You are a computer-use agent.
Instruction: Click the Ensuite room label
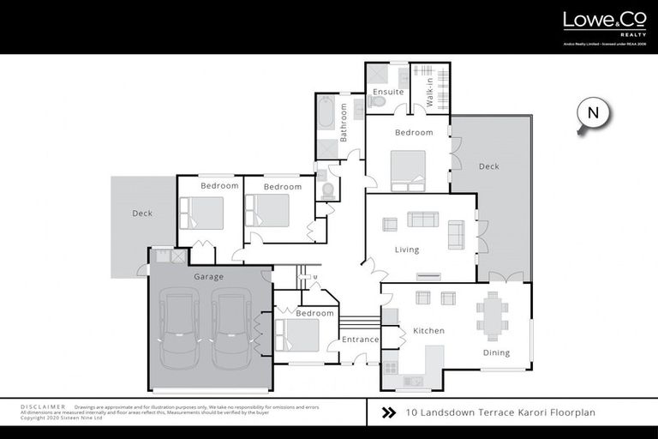coord(387,91)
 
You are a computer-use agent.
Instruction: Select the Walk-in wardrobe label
coord(420,93)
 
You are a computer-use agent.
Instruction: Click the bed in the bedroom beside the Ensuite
coord(408,170)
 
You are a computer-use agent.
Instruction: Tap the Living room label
coord(407,250)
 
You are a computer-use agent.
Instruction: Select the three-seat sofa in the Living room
coord(422,219)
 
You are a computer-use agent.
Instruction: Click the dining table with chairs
coord(492,316)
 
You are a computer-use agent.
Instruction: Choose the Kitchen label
coord(428,330)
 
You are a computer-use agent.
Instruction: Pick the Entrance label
coord(360,340)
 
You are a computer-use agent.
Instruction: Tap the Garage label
coord(208,277)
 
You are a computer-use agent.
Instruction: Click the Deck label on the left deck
coord(142,213)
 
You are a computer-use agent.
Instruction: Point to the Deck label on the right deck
coord(488,166)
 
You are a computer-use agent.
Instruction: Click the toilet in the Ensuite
coord(378,101)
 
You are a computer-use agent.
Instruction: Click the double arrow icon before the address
coord(388,412)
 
